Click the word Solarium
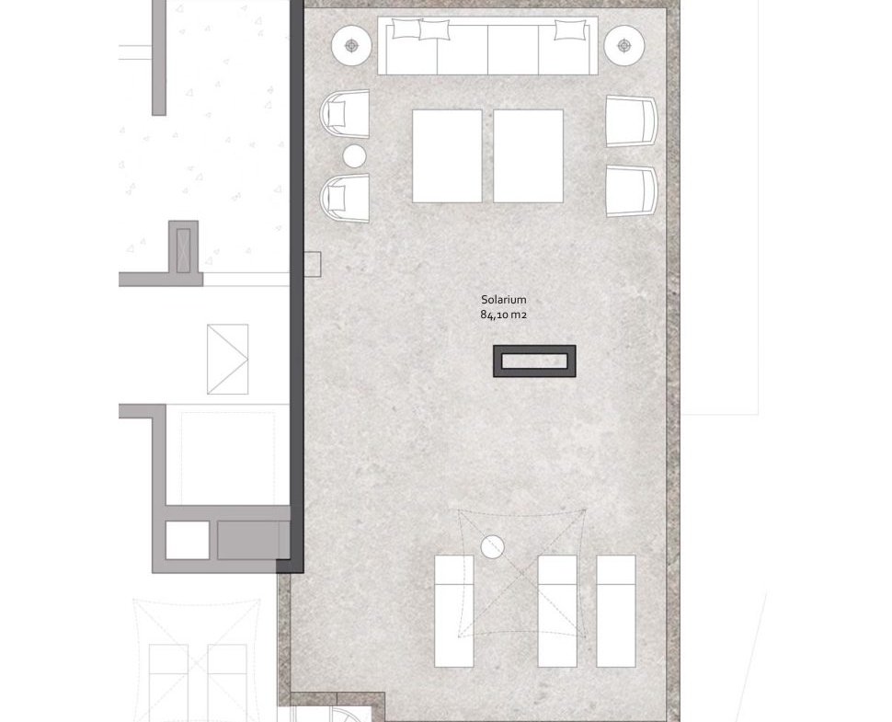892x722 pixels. pos(503,299)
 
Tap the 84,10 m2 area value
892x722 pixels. pos(503,315)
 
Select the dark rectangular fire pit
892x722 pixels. pos(534,361)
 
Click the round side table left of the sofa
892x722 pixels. pos(351,45)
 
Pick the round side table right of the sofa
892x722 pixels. pos(624,45)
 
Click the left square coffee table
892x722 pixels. pos(447,155)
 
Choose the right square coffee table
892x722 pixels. pos(529,155)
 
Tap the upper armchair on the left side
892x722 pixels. pos(345,114)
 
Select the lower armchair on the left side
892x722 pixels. pos(345,198)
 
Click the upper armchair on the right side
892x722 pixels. pos(632,121)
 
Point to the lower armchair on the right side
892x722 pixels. pos(632,191)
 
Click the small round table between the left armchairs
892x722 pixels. pos(354,155)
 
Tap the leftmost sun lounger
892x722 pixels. pos(454,611)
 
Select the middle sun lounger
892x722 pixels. pos(557,611)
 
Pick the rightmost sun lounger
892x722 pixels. pos(616,611)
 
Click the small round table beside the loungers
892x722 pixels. pos(492,546)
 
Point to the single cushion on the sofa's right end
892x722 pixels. pos(569,29)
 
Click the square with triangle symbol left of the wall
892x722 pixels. pos(227,359)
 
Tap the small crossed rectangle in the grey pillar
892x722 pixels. pos(183,250)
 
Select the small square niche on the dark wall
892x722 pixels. pos(313,264)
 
